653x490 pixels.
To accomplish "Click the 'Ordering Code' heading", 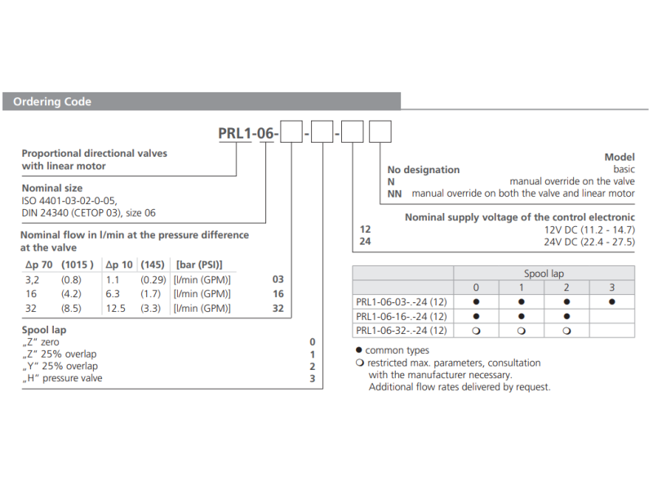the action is pos(52,101).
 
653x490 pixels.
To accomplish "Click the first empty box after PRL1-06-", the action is pos(291,131).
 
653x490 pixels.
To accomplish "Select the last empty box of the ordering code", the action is pos(380,131).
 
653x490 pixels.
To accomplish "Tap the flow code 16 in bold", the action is pos(278,294).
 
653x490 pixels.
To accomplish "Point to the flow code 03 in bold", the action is pos(278,279).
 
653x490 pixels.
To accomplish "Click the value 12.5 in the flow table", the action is pos(115,309).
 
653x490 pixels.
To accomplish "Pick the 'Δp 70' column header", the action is pos(39,265).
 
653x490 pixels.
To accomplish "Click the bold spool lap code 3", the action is pos(313,378).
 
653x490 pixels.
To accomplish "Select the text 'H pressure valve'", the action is pos(62,378).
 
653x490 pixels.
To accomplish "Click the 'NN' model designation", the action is pos(394,194).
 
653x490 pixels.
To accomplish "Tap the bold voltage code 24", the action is pos(365,241).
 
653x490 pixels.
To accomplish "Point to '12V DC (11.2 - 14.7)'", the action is pos(589,229).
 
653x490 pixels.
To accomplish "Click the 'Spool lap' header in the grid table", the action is pos(544,274).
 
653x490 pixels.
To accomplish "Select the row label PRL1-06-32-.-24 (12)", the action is pos(401,331).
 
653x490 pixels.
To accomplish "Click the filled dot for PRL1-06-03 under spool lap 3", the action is pos(611,301).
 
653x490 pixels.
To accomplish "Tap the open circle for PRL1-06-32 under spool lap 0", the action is pos(476,331).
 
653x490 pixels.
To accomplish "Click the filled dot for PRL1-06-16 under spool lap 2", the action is pos(566,316).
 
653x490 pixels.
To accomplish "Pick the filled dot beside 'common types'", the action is pos(359,350).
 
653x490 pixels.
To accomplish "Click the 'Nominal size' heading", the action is pos(52,189).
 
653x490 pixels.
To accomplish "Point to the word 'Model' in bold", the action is pos(620,157).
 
